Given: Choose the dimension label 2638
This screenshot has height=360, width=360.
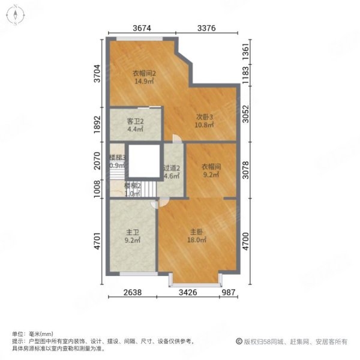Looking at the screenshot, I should click(133, 292).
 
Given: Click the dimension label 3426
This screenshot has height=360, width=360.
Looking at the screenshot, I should click(196, 292).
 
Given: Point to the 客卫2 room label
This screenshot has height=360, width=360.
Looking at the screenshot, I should click(135, 121).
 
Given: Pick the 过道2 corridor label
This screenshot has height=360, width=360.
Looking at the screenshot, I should click(172, 168).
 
